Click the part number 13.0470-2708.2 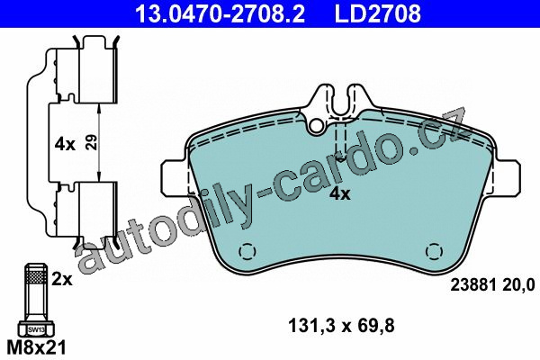click(220, 13)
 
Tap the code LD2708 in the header click(378, 13)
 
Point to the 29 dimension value click(91, 141)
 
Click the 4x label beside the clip click(65, 144)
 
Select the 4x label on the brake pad click(339, 194)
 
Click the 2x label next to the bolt click(62, 279)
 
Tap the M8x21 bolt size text click(36, 347)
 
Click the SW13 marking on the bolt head click(36, 329)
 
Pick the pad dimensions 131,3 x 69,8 click(341, 326)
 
